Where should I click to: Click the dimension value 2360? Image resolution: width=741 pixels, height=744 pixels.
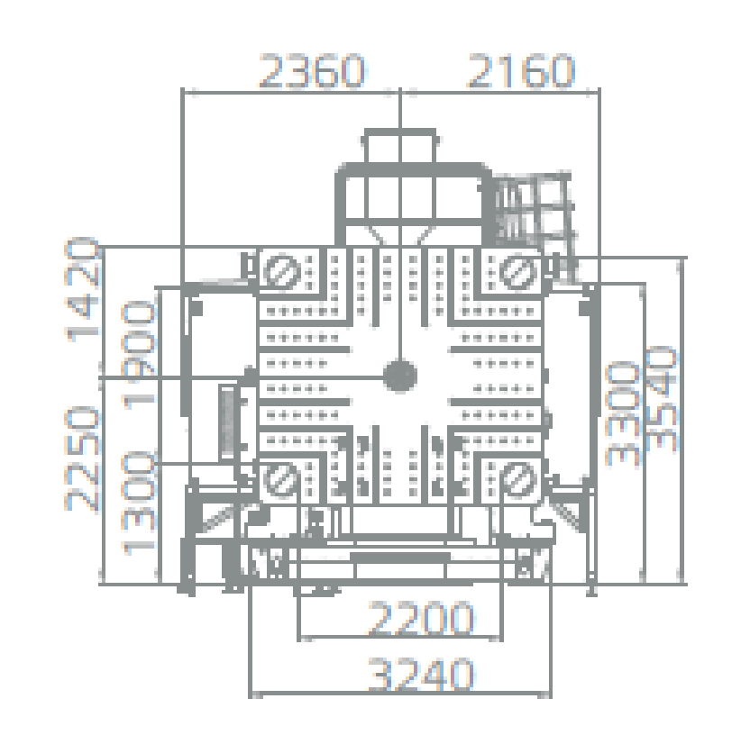[x=312, y=71]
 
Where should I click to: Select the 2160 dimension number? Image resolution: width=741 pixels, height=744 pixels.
[x=521, y=71]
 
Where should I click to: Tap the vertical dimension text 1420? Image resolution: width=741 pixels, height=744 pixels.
[x=83, y=289]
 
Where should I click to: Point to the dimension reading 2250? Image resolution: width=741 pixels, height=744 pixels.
[x=83, y=458]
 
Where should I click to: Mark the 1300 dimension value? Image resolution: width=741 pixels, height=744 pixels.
[x=139, y=503]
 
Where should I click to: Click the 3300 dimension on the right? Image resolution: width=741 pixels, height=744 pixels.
[x=622, y=413]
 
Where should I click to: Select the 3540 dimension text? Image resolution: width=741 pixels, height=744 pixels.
[x=661, y=398]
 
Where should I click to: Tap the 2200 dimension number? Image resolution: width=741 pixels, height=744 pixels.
[x=421, y=618]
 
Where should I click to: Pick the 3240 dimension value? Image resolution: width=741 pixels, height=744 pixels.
[x=421, y=674]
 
